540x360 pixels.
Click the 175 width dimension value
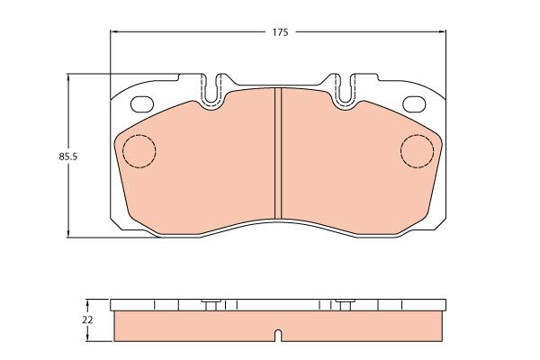pos(280,32)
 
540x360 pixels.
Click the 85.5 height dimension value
pos(68,157)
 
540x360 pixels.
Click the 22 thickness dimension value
pos(87,320)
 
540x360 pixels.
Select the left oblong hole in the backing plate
pos(141,103)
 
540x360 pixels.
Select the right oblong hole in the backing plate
pos(414,103)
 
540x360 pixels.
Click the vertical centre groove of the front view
pos(278,153)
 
